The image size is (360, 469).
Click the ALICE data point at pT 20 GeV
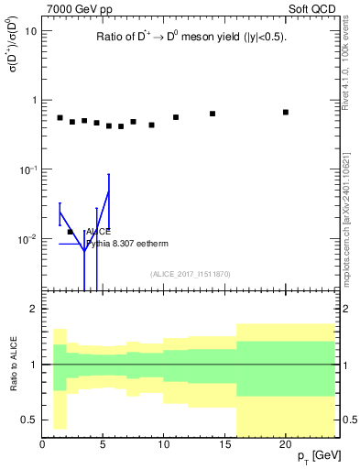(x=286, y=112)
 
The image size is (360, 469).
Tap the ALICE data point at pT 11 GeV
(x=176, y=117)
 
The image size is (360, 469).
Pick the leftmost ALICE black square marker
(x=60, y=117)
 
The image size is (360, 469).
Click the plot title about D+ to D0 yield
(x=191, y=38)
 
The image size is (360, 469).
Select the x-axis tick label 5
(x=103, y=444)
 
